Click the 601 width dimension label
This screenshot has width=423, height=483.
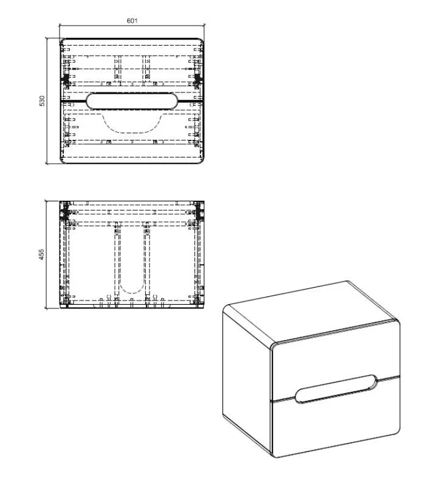pyautogui.click(x=132, y=21)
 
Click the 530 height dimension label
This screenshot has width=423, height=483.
pyautogui.click(x=42, y=101)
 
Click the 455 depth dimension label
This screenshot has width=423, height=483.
pyautogui.click(x=41, y=254)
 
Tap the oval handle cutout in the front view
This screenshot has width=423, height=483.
pyautogui.click(x=132, y=101)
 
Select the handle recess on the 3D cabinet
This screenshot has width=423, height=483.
pyautogui.click(x=335, y=389)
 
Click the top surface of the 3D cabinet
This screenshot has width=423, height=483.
pyautogui.click(x=311, y=311)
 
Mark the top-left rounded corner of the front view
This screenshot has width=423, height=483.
pyautogui.click(x=62, y=41)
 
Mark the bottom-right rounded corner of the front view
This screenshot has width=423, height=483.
pyautogui.click(x=201, y=161)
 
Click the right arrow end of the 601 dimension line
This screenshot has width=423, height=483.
pyautogui.click(x=204, y=26)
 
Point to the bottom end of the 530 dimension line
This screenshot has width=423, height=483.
pyautogui.click(x=46, y=163)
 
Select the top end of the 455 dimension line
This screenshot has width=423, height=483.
pyautogui.click(x=46, y=201)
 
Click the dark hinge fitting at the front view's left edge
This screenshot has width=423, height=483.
pyautogui.click(x=66, y=79)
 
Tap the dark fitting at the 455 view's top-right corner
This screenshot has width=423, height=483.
pyautogui.click(x=199, y=211)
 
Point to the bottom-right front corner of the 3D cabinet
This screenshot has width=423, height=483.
pyautogui.click(x=397, y=431)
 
